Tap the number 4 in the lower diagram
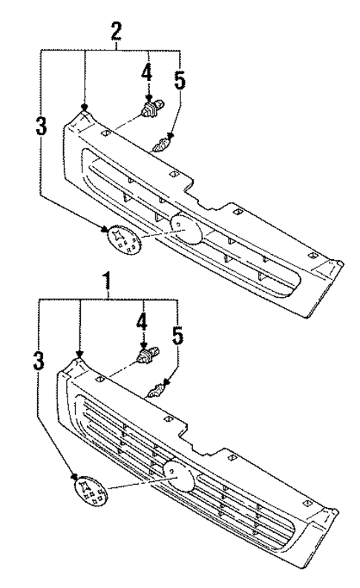coord(142,324)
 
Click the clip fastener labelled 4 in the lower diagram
coord(145,358)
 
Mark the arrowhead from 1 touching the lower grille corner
coord(79,355)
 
